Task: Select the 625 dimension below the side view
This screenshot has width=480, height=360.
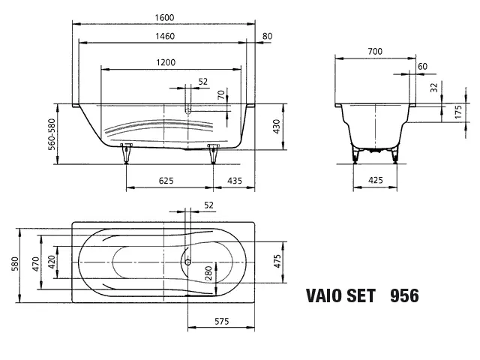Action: click(x=166, y=181)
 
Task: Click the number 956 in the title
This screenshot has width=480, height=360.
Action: click(x=404, y=296)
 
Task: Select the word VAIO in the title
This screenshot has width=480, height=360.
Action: click(x=324, y=296)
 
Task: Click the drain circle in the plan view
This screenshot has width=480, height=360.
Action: click(x=188, y=263)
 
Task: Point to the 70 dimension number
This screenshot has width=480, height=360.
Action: click(x=220, y=95)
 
